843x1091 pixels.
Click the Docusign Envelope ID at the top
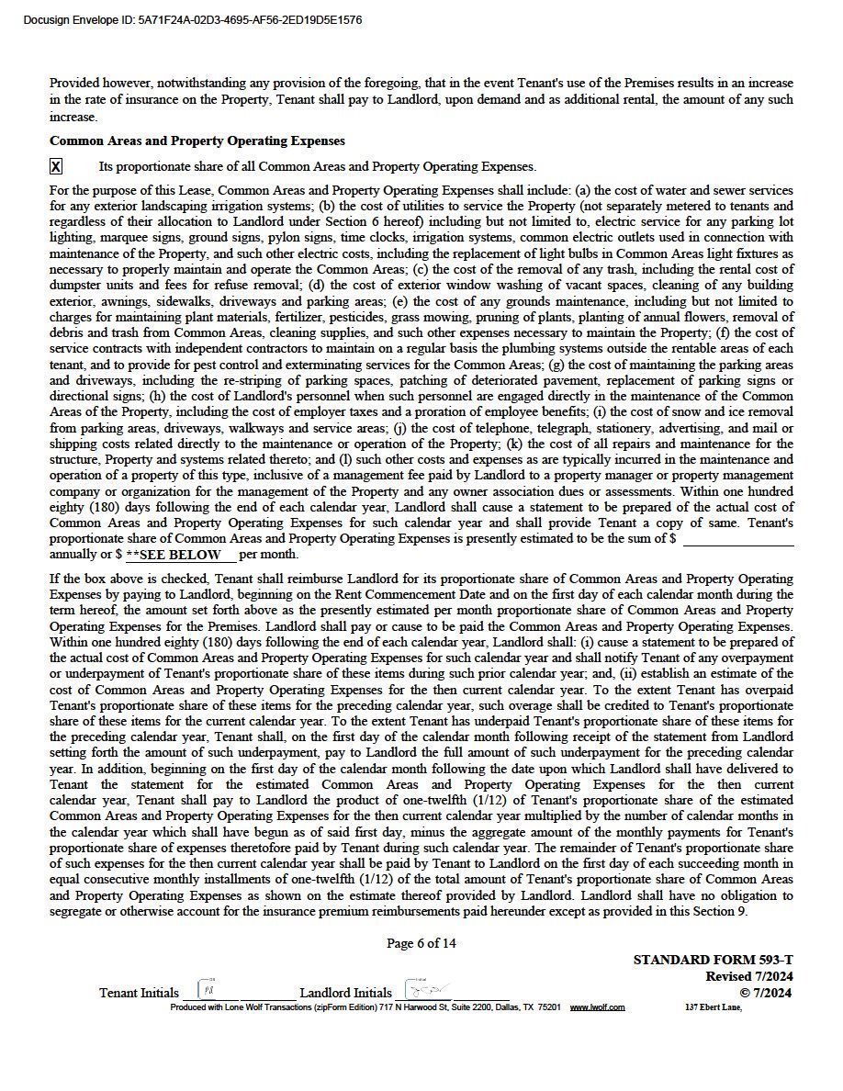pyautogui.click(x=192, y=19)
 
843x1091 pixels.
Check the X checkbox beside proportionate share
pyautogui.click(x=56, y=166)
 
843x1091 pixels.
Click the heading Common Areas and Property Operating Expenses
pyautogui.click(x=197, y=141)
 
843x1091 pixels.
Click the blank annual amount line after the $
pyautogui.click(x=737, y=539)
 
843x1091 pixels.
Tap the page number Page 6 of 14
pyautogui.click(x=421, y=943)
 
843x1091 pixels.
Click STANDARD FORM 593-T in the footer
pyautogui.click(x=713, y=960)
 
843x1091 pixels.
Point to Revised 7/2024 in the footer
pyautogui.click(x=749, y=976)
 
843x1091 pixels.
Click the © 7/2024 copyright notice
pyautogui.click(x=766, y=992)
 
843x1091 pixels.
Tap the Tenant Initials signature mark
pyautogui.click(x=209, y=991)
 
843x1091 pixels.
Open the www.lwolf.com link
pyautogui.click(x=597, y=1007)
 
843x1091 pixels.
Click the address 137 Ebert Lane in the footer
pyautogui.click(x=714, y=1007)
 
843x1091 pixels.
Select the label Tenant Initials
pyautogui.click(x=139, y=993)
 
